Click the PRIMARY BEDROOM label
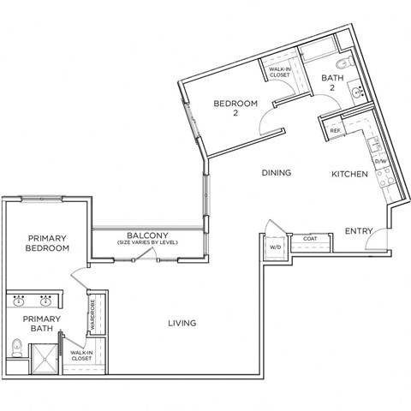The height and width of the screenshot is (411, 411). [47, 243]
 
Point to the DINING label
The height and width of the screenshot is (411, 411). [277, 173]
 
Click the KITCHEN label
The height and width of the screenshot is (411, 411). [350, 174]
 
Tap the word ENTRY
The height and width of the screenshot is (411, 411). [357, 232]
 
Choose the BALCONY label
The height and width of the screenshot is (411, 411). [146, 235]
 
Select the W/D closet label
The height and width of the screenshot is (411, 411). [274, 248]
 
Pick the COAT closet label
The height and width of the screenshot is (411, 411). [308, 239]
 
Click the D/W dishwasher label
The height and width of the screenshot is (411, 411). [381, 161]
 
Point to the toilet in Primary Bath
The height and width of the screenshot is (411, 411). [17, 347]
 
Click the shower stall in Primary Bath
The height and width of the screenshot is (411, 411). [44, 358]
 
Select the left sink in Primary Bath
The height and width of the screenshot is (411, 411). [20, 302]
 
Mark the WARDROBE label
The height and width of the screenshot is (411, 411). [92, 313]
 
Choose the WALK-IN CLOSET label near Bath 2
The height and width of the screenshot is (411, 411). [279, 72]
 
